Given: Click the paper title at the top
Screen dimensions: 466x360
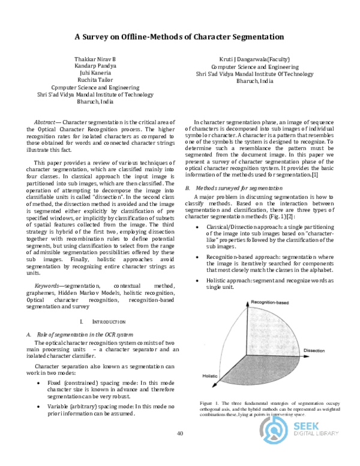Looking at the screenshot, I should click(x=179, y=37).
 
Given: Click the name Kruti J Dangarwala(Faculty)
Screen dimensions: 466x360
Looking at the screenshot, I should click(x=254, y=59).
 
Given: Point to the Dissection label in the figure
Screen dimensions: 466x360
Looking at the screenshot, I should click(x=314, y=349).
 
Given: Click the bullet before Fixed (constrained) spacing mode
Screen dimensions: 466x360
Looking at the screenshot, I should click(x=39, y=383).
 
